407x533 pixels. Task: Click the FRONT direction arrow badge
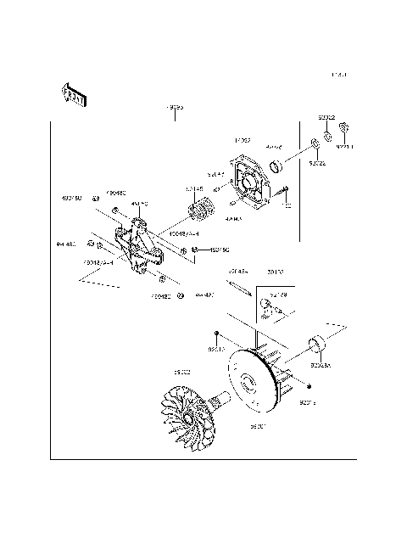(x=73, y=96)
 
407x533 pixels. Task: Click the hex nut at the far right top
(x=344, y=129)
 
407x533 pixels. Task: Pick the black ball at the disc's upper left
(x=217, y=334)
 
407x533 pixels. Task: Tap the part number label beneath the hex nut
(x=344, y=146)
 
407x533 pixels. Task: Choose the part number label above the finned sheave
(x=181, y=373)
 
